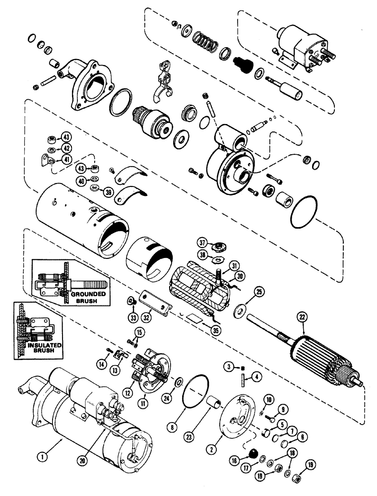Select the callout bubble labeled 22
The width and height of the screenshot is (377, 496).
pos(301,316)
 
